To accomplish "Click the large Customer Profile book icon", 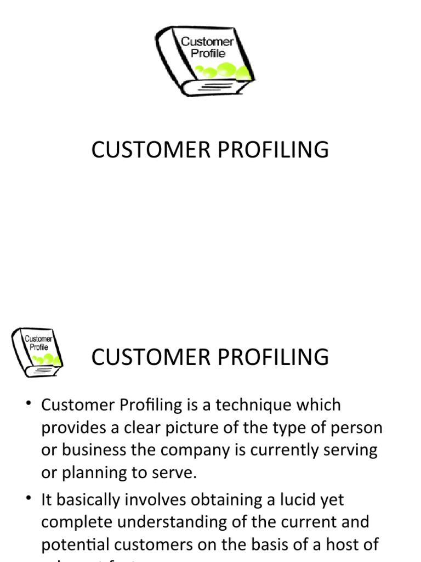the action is click(204, 61).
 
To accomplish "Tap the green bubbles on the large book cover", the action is click(225, 70).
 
